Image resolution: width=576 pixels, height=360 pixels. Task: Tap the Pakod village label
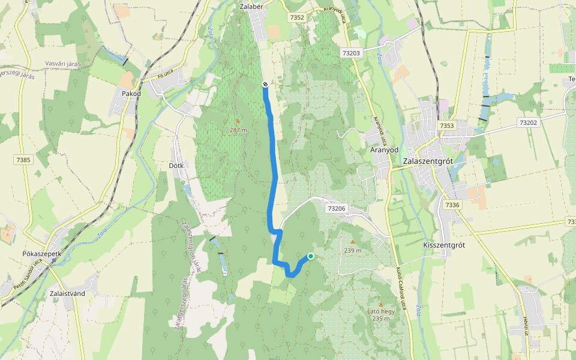pos(131,94)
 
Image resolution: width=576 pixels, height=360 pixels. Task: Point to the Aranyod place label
pos(385,149)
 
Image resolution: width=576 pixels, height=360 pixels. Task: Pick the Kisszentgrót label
pos(444,245)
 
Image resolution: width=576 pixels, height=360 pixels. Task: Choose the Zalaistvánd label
pos(65,293)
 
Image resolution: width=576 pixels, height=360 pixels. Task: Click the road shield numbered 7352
pos(296,17)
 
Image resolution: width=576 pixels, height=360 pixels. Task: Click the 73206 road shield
pos(337,208)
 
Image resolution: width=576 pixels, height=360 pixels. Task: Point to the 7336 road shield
pos(452,205)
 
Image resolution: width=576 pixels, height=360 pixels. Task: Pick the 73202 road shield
pos(528,122)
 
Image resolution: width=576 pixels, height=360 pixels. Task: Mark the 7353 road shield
pos(446,125)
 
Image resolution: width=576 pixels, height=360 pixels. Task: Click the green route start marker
pos(311,256)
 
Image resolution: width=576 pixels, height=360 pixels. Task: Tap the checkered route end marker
pos(265,85)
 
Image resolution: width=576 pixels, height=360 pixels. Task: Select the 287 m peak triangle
pos(238,121)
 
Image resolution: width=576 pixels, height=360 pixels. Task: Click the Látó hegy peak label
pos(380,311)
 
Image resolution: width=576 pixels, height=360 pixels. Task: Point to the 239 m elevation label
pos(353,250)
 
